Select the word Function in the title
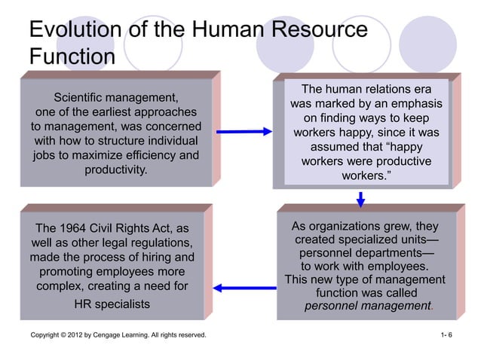[x=72, y=58]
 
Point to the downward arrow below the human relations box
[x=361, y=199]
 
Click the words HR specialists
[x=112, y=304]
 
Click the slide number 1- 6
[x=446, y=334]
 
